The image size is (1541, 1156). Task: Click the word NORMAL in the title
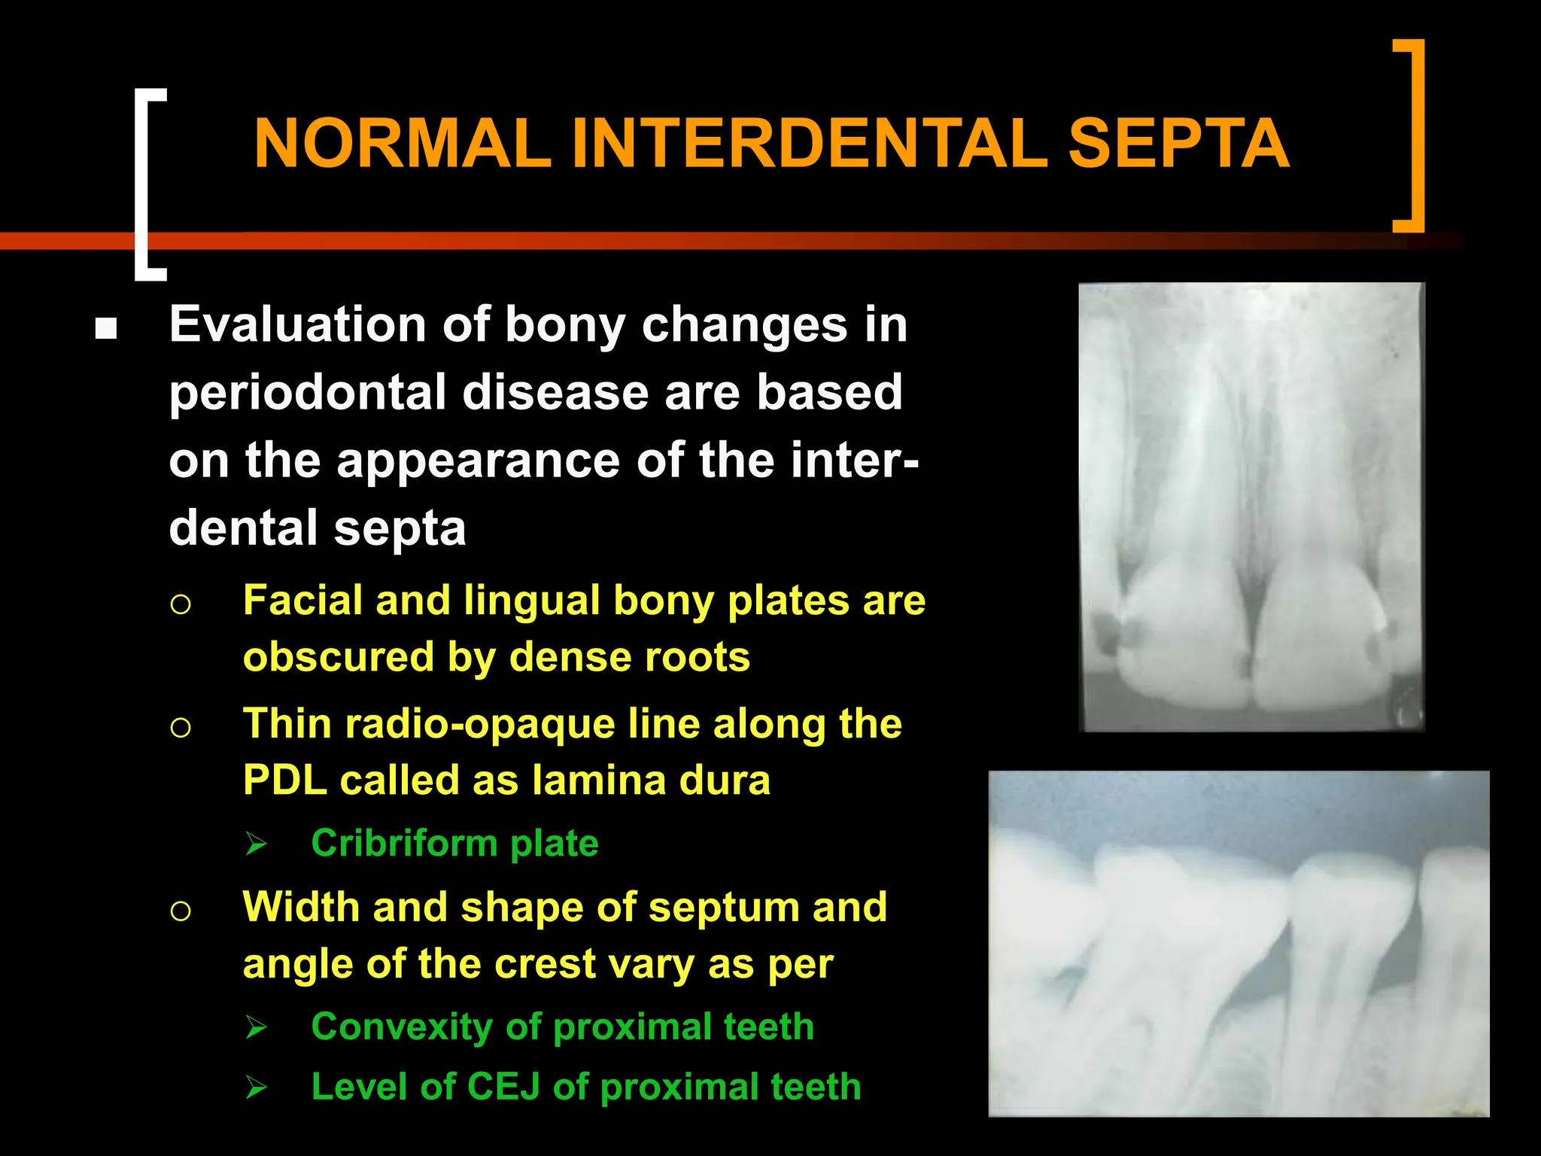point(403,144)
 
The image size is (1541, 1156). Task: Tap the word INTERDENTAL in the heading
point(809,144)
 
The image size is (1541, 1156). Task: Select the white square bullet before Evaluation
point(106,329)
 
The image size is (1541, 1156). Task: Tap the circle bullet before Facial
point(181,604)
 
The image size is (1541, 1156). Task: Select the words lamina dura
point(651,780)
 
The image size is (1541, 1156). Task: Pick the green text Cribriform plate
point(454,843)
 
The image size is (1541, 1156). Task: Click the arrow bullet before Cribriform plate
point(256,844)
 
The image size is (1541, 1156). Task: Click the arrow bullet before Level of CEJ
point(256,1088)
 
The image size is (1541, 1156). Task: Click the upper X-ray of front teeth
point(1251,507)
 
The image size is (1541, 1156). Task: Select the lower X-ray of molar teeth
point(1239,943)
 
